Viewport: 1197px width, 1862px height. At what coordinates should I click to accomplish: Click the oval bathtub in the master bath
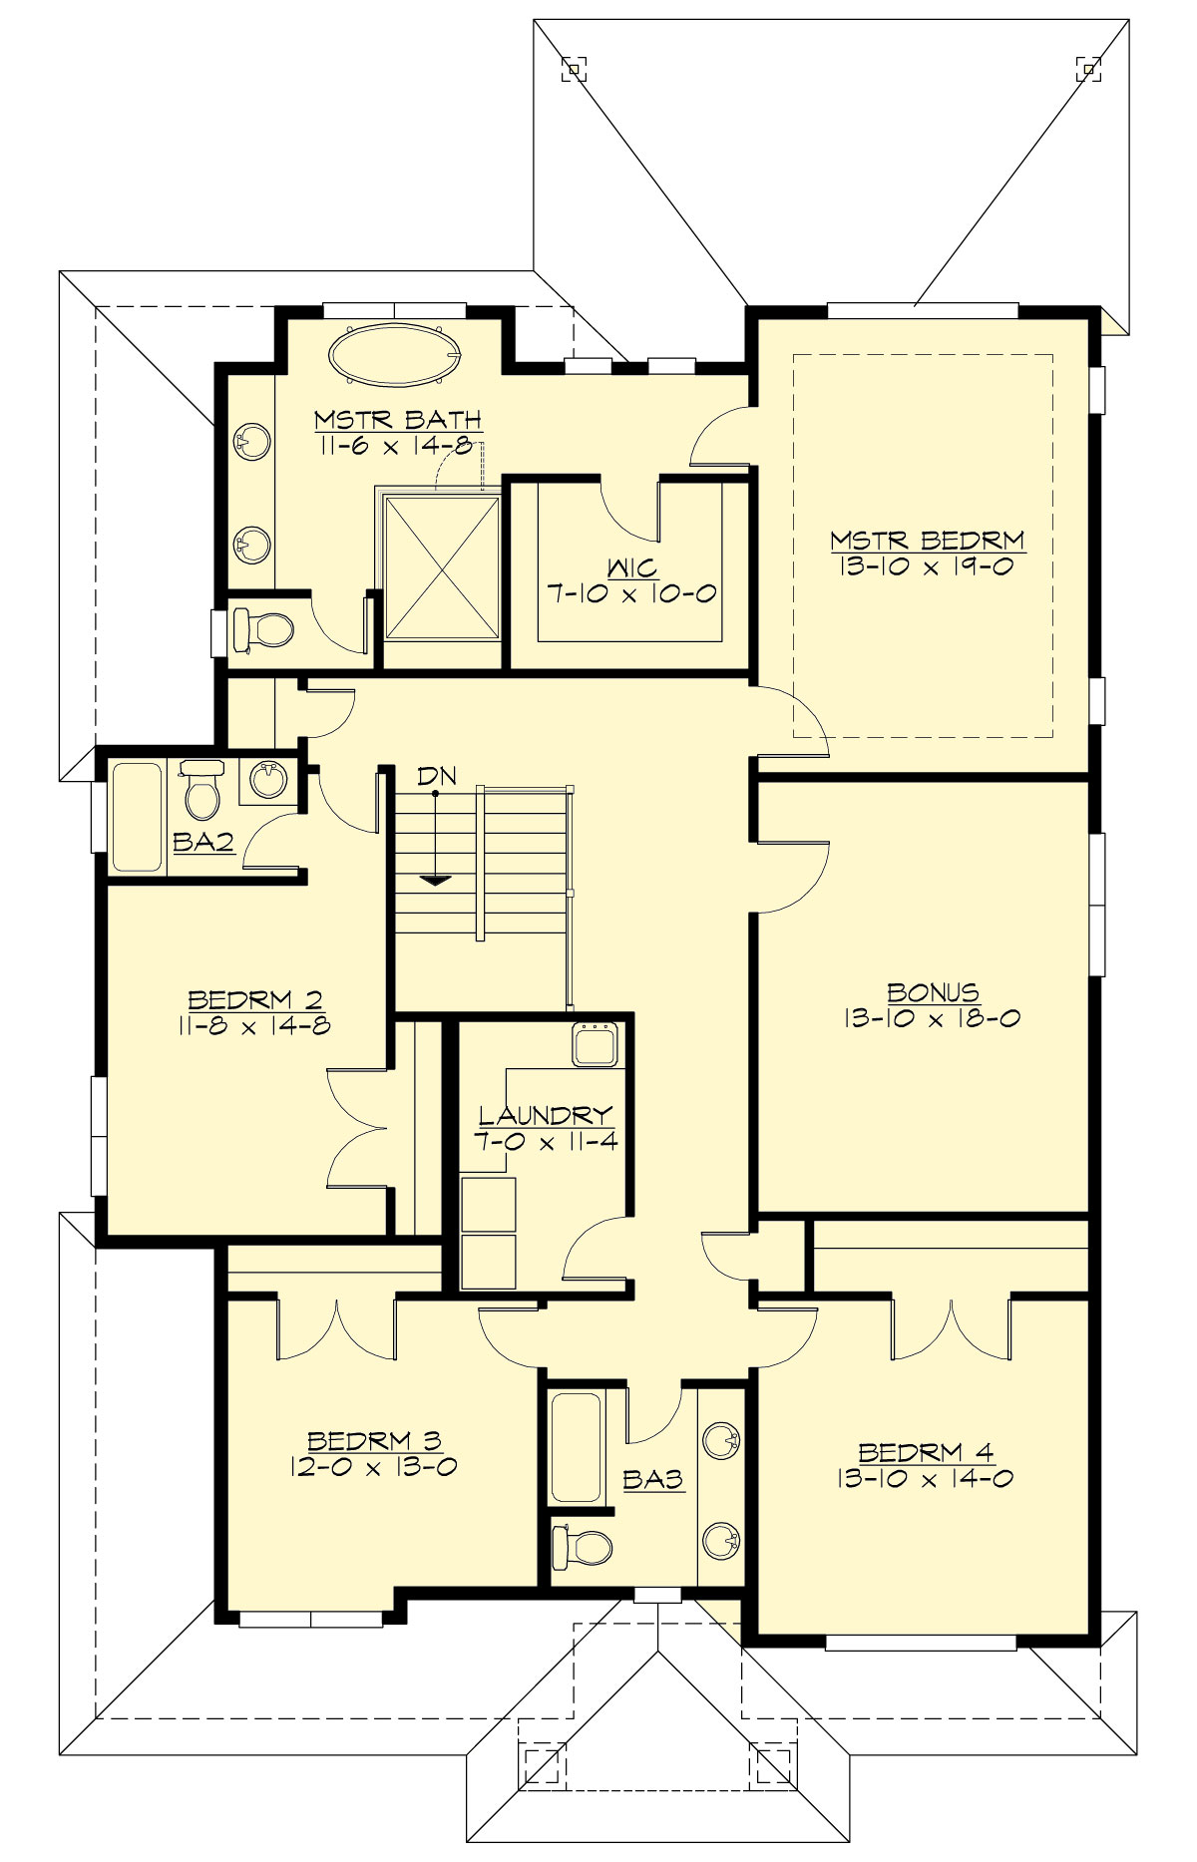point(395,354)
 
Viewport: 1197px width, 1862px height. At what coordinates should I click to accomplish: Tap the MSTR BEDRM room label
point(928,541)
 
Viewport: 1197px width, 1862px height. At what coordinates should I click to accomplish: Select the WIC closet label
point(632,568)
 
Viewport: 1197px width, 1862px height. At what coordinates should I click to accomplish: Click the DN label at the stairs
point(436,776)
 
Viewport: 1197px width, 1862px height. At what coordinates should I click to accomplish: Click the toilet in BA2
point(202,793)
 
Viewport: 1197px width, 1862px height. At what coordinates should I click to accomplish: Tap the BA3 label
point(653,1480)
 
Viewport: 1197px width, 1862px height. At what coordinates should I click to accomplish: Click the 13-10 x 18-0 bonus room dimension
point(932,1019)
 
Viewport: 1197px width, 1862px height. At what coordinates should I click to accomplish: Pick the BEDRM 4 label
point(926,1452)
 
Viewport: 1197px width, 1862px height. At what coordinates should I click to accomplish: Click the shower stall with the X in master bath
point(442,568)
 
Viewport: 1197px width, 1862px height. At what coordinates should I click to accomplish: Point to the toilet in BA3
point(585,1547)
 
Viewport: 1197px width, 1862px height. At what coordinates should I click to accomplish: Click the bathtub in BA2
point(137,817)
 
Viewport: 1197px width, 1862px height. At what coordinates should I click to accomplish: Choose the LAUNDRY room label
point(545,1115)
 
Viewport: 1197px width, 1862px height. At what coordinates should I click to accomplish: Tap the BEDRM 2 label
point(255,999)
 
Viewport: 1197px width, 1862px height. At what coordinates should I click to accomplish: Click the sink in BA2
point(267,779)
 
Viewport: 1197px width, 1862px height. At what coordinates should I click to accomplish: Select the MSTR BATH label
point(398,420)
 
